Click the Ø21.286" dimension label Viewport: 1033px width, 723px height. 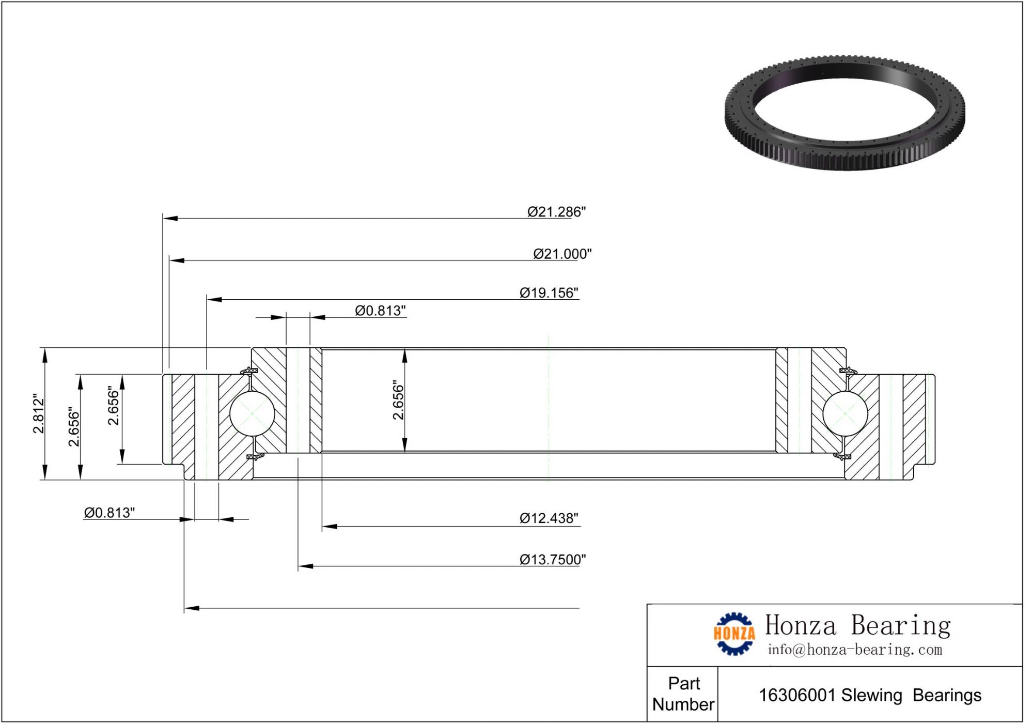[x=556, y=212]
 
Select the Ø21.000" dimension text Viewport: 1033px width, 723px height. [x=562, y=254]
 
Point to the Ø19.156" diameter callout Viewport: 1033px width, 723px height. [x=549, y=293]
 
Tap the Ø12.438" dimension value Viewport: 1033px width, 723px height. [x=549, y=518]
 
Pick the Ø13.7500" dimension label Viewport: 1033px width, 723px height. [x=553, y=560]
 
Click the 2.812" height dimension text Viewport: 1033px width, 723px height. [x=39, y=413]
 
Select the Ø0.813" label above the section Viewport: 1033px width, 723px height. [x=380, y=311]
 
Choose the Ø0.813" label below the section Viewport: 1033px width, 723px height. [x=109, y=513]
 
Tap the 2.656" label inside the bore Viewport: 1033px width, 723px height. [x=398, y=400]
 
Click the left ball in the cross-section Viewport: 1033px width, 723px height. [x=252, y=413]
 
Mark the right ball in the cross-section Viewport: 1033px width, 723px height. [x=845, y=413]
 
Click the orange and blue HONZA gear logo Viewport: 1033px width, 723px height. [x=734, y=634]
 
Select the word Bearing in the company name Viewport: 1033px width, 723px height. [x=901, y=626]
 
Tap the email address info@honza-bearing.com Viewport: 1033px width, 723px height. [x=855, y=650]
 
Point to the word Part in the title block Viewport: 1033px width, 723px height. [x=684, y=683]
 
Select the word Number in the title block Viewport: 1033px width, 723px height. [x=683, y=704]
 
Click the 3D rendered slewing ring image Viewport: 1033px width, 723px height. [x=844, y=112]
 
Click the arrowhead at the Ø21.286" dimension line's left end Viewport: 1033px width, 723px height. [x=170, y=218]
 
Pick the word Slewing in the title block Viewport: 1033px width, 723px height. [x=872, y=696]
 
